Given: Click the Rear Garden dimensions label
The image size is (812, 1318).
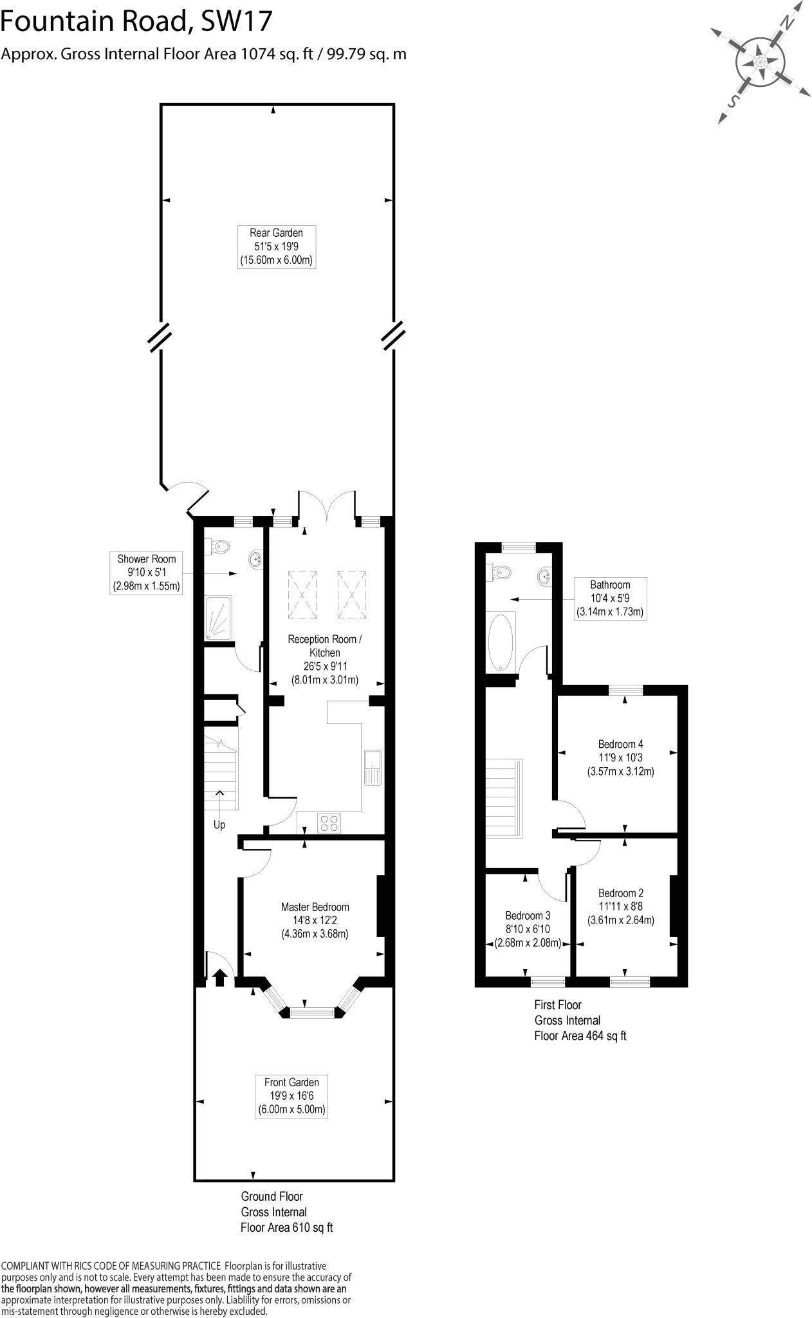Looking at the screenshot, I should pos(277,246).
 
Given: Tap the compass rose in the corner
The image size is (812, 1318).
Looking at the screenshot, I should pos(760,63).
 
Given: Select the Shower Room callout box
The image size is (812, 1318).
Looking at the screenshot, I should pos(146,573).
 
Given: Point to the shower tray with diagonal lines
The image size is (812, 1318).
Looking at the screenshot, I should pos(218,618).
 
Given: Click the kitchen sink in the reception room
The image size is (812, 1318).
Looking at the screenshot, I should pos(373,767).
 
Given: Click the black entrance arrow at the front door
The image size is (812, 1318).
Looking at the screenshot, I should pos(219,978).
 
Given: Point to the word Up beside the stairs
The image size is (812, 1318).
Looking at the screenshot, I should pos(219,825).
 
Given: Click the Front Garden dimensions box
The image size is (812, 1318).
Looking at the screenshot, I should pos(291,1096).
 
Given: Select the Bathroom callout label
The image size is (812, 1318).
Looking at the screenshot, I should pos(610,599).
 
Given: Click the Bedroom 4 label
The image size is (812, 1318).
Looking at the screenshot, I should pos(620,757).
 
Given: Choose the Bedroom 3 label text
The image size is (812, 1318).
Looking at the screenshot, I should pos(528,929).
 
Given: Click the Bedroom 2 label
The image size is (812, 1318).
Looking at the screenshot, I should pos(620,906).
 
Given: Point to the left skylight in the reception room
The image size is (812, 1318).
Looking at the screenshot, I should pos(302,594).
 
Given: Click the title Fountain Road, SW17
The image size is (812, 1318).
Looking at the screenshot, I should pos(136,23).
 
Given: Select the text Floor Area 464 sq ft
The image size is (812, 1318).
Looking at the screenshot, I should pos(580,1036).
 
